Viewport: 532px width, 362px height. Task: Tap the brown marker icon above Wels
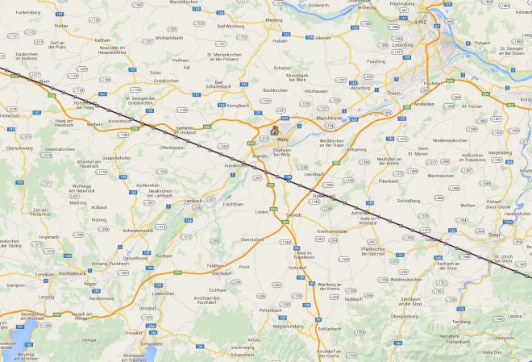click(274, 128)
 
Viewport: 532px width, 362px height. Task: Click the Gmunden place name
click(152, 343)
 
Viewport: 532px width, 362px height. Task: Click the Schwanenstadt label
click(139, 230)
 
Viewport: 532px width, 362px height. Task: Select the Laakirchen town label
click(164, 293)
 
